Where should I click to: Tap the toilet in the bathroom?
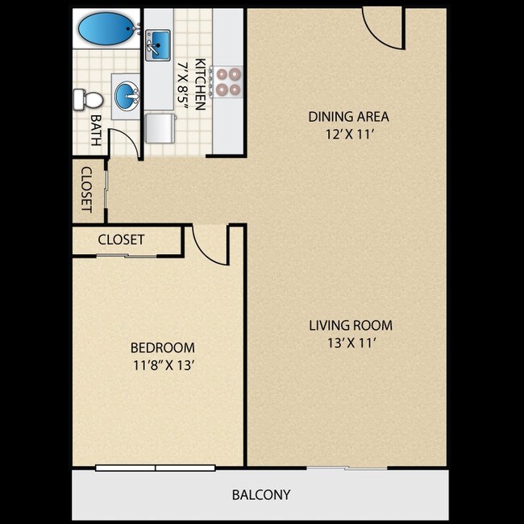point(88,100)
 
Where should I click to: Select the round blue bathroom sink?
point(127,97)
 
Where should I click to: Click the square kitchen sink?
point(158,45)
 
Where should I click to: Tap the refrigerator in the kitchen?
point(160,128)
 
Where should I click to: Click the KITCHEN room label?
point(200,84)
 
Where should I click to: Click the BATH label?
point(96,131)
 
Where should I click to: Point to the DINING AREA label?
point(348,117)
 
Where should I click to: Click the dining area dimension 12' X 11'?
point(349,135)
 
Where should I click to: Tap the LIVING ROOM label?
point(351,326)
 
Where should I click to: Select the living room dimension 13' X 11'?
point(352,343)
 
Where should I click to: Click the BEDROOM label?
point(163,348)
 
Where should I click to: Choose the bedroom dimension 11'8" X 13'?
point(164,365)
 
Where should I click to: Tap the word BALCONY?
point(261,495)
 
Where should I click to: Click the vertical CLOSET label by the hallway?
point(86,189)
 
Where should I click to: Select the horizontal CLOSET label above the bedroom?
point(121,239)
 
